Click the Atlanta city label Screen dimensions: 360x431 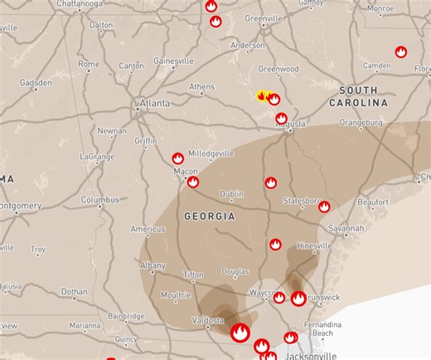click(x=154, y=104)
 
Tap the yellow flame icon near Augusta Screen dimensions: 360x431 click(x=263, y=96)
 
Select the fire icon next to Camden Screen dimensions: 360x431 click(x=401, y=52)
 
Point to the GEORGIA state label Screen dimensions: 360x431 click(x=209, y=216)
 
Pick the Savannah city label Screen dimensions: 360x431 click(x=345, y=228)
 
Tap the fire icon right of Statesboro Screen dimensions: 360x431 click(x=324, y=207)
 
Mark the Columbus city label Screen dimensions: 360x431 click(x=99, y=200)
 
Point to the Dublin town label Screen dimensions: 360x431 click(x=231, y=194)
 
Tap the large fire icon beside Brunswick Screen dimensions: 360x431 click(x=298, y=299)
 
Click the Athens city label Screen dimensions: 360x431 click(x=201, y=86)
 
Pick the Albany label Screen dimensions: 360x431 click(x=153, y=265)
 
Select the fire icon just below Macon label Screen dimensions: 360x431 click(x=193, y=182)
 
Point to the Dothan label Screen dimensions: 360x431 click(x=74, y=292)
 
